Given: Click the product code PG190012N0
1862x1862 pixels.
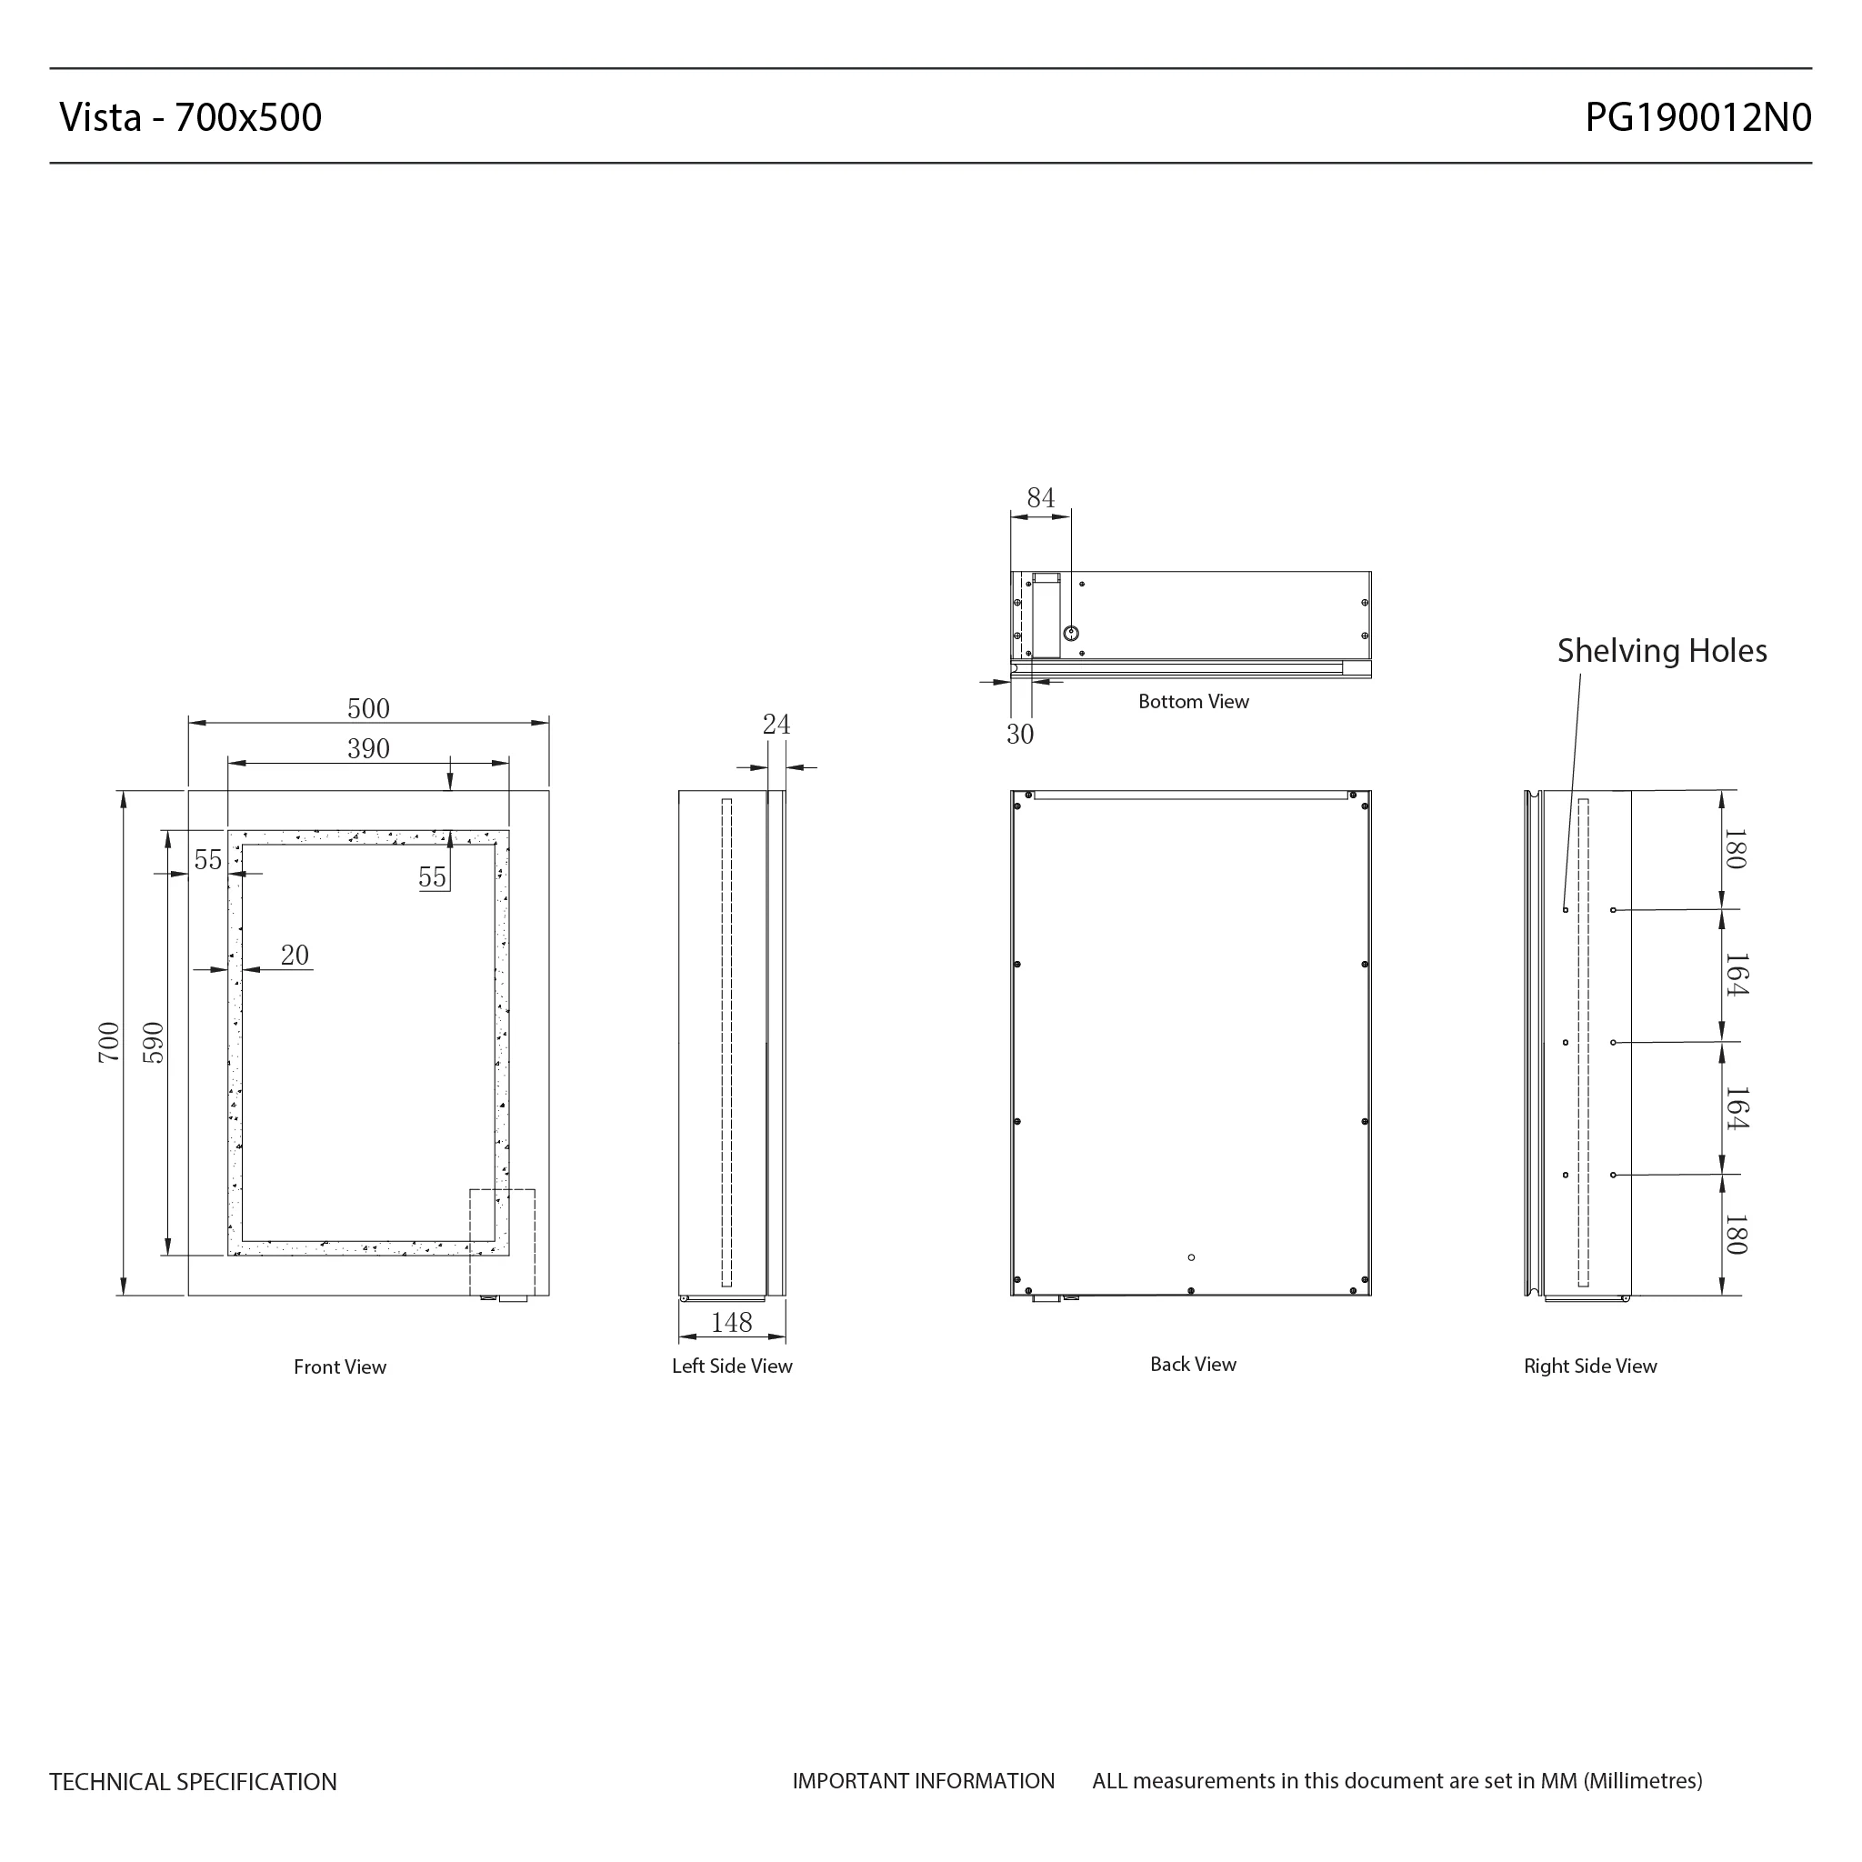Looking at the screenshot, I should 1698,117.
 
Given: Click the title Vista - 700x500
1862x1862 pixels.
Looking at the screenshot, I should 191,117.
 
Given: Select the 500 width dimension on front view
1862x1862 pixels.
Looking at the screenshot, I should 368,708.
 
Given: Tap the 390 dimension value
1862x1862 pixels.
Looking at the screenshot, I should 368,749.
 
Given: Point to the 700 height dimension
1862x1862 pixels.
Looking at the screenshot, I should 109,1042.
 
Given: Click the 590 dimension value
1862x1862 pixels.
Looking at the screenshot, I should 154,1042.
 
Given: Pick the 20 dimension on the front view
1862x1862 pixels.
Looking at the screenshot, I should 294,956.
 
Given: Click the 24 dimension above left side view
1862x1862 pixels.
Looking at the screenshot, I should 776,724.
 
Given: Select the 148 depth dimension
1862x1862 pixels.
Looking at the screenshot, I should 732,1322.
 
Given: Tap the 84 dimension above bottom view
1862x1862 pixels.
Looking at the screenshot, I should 1041,498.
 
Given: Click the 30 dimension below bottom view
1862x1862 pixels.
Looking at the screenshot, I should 1020,735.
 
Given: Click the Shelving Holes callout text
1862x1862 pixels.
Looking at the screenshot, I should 1662,652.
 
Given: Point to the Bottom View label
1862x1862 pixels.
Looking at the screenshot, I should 1193,702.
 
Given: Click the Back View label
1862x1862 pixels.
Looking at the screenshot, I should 1193,1364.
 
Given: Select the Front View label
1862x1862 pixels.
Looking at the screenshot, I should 339,1366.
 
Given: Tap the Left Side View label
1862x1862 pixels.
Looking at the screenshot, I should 732,1366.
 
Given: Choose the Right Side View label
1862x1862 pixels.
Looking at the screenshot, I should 1590,1366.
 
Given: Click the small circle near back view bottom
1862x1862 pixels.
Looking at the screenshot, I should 1191,1257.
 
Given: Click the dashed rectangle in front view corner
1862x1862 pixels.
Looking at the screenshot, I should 502,1242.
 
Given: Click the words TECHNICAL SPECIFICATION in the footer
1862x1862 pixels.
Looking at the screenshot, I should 193,1782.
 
